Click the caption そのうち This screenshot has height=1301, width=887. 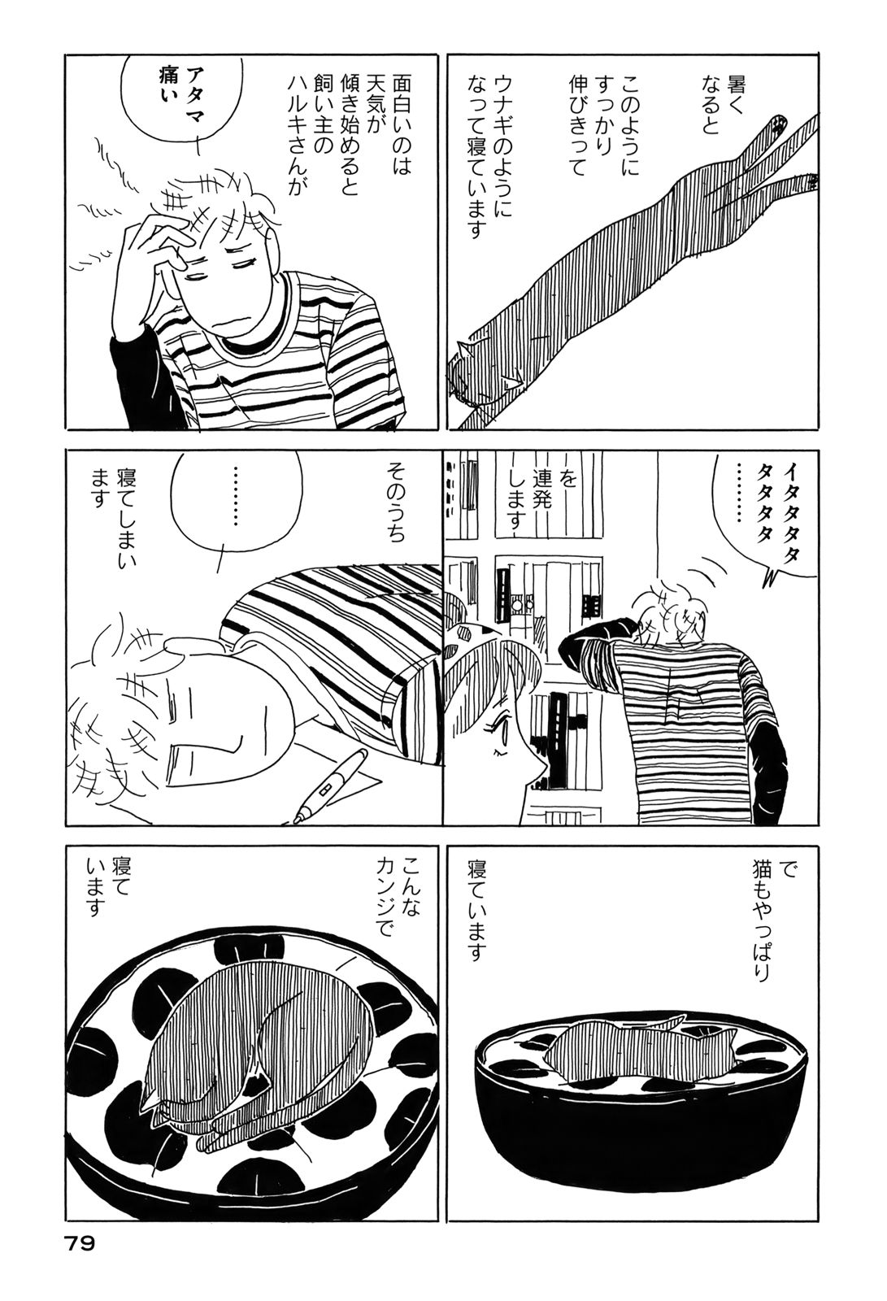click(x=398, y=500)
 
